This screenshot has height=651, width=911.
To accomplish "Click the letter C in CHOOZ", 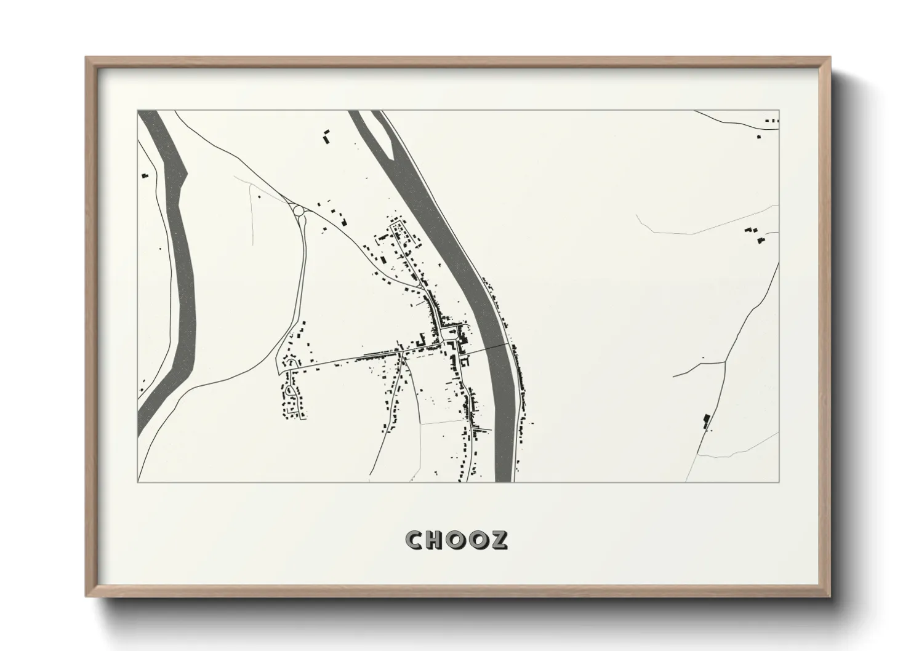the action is pyautogui.click(x=415, y=540).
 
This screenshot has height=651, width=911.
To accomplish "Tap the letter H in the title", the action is pyautogui.click(x=436, y=540).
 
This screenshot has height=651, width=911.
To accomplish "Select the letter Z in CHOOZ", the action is pyautogui.click(x=499, y=540).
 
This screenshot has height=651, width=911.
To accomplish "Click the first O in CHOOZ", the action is pyautogui.click(x=457, y=540).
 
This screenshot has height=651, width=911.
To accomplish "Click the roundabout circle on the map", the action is pyautogui.click(x=299, y=211).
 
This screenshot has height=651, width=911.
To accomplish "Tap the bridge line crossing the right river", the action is pyautogui.click(x=490, y=347).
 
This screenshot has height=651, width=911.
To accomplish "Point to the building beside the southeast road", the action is pyautogui.click(x=706, y=420).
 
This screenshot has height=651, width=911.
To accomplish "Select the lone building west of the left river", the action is pyautogui.click(x=145, y=175).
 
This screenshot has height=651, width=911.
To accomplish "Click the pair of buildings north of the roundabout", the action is pyautogui.click(x=326, y=136).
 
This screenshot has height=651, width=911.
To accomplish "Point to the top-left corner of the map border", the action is pyautogui.click(x=138, y=111).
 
